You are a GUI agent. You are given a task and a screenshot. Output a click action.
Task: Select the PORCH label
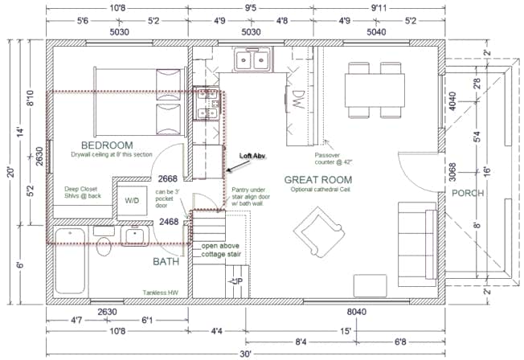click(468, 193)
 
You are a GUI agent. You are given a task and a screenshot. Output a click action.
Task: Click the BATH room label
click(167, 261)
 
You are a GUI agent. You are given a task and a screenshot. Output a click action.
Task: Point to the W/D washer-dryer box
click(131, 200)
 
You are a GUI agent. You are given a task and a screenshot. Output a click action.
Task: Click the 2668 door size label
click(168, 179)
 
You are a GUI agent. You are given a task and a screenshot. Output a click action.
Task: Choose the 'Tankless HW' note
click(160, 292)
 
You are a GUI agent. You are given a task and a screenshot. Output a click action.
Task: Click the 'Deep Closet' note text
click(84, 190)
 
